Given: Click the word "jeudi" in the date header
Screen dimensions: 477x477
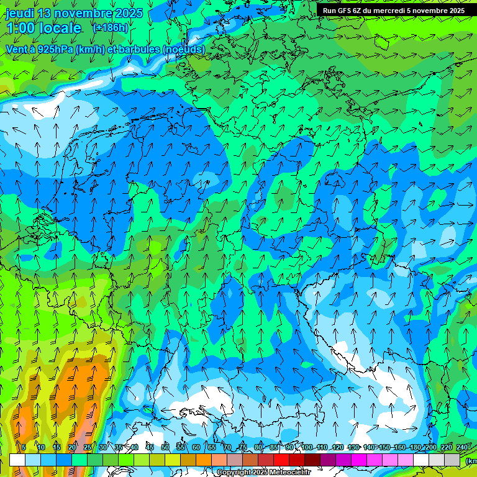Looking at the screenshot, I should click(x=19, y=13).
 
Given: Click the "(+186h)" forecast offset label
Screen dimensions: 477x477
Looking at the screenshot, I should click(x=111, y=28).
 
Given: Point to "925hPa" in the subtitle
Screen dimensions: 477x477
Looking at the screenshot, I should click(x=55, y=49).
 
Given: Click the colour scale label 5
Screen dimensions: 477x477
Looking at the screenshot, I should click(x=24, y=447).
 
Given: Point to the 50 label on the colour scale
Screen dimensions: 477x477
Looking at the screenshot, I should click(x=165, y=447).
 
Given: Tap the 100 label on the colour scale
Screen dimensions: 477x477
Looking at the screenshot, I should click(x=307, y=447).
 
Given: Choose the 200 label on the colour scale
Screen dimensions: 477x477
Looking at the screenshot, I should click(x=430, y=447).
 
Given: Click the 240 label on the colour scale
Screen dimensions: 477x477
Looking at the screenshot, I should click(x=461, y=447).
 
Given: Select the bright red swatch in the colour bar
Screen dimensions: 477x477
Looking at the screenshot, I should click(x=281, y=460).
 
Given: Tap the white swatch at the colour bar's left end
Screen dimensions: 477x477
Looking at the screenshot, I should click(x=17, y=460).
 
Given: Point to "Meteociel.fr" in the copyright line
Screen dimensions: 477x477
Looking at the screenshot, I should click(x=290, y=473).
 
